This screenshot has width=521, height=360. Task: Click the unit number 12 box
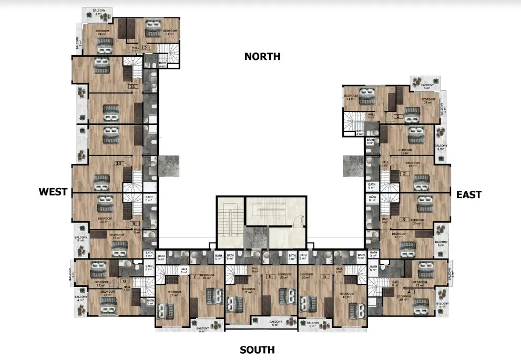pos(144,48)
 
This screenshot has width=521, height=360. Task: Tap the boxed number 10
pos(119,164)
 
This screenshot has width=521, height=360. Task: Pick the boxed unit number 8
pos(125,281)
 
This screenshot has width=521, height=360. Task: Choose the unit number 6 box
pos(270,276)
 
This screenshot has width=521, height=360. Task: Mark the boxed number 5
pos(325,276)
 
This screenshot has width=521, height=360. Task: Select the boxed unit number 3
pos(403,220)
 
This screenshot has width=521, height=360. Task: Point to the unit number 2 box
pos(404,174)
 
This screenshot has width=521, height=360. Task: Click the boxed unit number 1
pos(398,117)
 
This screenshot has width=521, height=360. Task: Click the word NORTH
pos(262,57)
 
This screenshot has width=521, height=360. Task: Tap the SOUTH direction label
pos(257,350)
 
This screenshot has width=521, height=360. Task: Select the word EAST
pos(468,195)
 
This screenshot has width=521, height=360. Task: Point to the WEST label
pos(53,192)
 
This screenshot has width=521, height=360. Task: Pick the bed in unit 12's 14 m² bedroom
pos(154,25)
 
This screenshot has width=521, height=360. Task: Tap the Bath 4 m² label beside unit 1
pos(360,132)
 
